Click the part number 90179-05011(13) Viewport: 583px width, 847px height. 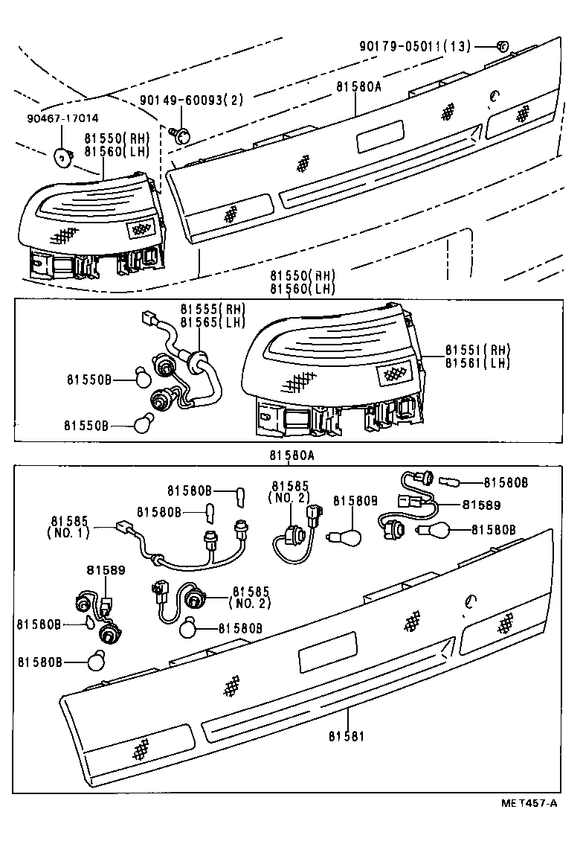click(x=415, y=46)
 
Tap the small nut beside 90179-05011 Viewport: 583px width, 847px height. click(x=501, y=46)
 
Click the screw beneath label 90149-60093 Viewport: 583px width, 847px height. click(x=182, y=134)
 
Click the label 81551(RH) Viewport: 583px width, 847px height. click(x=479, y=349)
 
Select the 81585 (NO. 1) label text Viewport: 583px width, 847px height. click(x=71, y=525)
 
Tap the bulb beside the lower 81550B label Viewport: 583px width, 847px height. click(x=143, y=425)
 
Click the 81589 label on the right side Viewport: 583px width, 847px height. click(x=480, y=505)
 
